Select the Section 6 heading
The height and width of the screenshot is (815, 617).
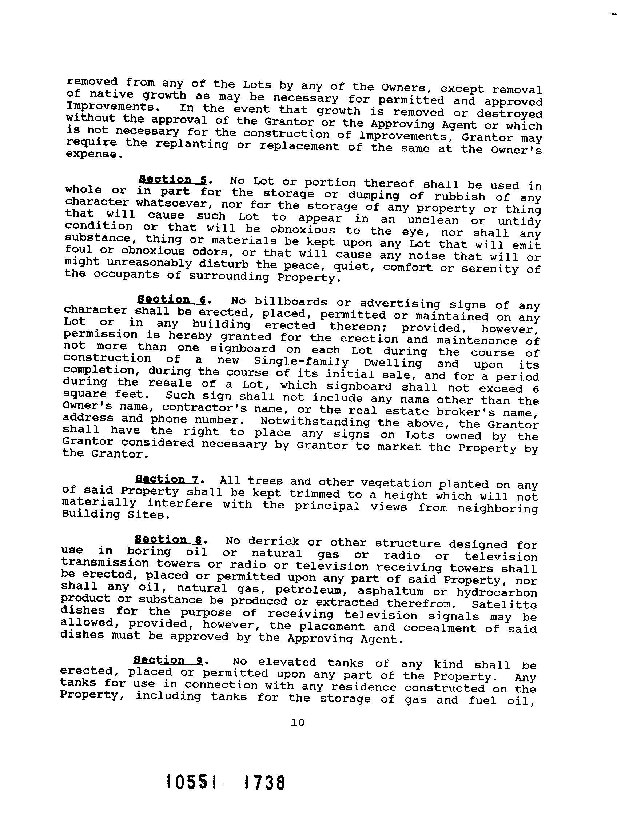point(171,299)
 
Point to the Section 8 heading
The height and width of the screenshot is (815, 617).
point(168,540)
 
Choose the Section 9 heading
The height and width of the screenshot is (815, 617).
point(167,659)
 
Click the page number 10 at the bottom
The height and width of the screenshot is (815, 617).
point(298,723)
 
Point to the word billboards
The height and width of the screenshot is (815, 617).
point(291,302)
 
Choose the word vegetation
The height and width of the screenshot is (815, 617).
point(397,483)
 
